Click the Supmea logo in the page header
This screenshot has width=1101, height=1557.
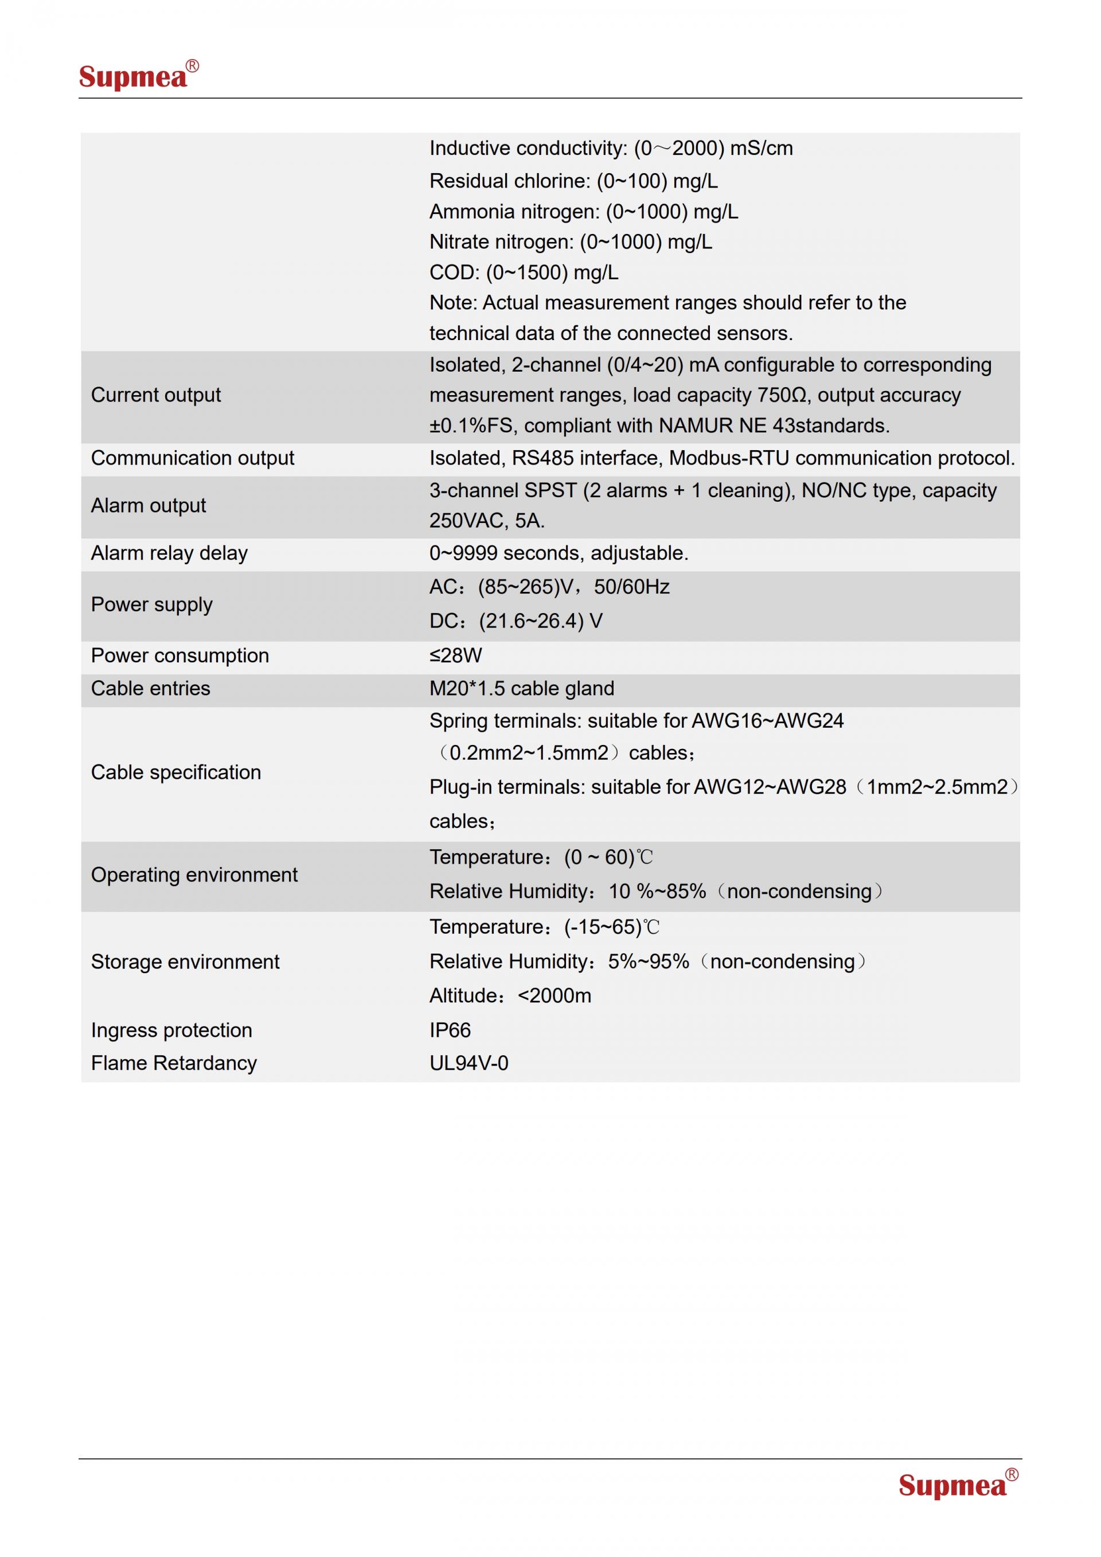138,75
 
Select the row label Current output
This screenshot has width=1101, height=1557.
156,395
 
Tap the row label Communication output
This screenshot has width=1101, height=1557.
193,458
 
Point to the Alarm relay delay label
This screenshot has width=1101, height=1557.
170,553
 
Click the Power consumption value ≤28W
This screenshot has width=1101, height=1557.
455,655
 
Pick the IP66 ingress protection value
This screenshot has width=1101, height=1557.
450,1030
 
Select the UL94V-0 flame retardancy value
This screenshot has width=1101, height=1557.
468,1063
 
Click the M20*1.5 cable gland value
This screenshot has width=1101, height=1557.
521,688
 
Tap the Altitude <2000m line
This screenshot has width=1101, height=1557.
510,996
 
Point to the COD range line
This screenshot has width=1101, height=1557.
524,272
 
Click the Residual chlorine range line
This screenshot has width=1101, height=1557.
573,181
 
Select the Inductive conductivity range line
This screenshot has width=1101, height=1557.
610,149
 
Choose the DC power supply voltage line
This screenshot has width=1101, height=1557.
516,621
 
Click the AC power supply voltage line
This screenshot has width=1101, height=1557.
549,587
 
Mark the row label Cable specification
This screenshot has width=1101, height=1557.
175,772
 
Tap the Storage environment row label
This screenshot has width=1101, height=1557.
185,962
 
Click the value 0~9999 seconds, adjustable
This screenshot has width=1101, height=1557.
559,553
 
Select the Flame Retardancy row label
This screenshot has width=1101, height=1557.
174,1063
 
